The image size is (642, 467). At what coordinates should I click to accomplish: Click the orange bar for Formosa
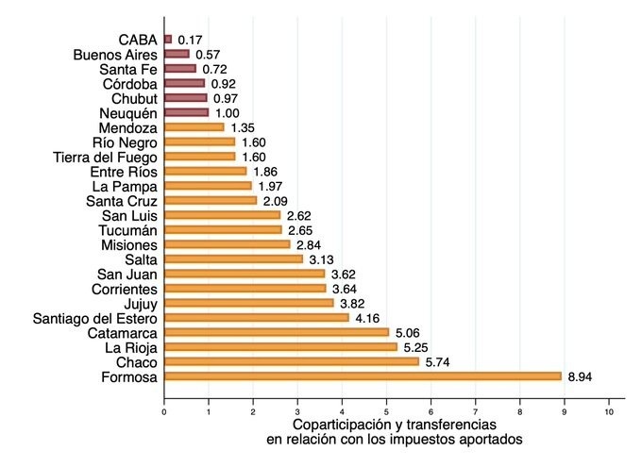(363, 376)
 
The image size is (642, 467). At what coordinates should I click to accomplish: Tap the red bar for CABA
(168, 40)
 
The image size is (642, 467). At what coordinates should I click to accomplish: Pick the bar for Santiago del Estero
(256, 318)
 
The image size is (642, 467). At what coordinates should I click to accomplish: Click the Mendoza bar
(194, 127)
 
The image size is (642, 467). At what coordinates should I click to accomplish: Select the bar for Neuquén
(186, 112)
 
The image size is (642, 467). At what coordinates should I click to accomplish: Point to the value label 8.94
(582, 376)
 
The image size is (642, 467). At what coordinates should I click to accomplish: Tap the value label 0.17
(191, 40)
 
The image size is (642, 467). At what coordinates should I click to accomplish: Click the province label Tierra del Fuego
(105, 157)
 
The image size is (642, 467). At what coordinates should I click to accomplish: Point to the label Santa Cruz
(122, 201)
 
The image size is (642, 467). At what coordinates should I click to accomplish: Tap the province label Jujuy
(140, 304)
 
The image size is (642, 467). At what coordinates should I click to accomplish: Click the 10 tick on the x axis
(609, 412)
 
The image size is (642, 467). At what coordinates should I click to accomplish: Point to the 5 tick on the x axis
(386, 412)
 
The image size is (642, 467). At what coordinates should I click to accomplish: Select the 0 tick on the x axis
(164, 412)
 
